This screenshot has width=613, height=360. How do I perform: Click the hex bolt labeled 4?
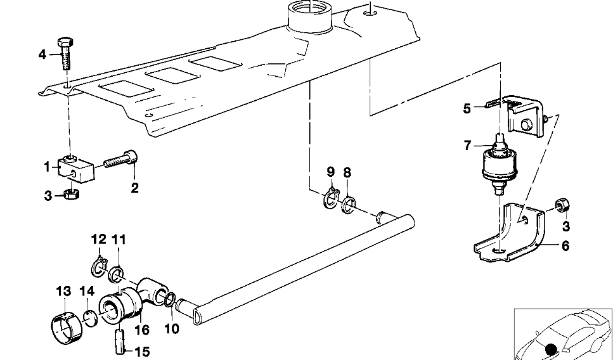66,53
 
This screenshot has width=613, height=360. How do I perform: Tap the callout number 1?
47,167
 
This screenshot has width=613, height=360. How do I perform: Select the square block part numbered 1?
76,169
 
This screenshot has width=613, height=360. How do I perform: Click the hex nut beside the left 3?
72,193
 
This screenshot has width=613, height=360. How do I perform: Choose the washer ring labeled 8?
349,205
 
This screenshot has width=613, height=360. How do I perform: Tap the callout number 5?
467,108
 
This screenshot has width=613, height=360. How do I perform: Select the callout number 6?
565,246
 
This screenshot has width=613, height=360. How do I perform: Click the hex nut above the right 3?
562,205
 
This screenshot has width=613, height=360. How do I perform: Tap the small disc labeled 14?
90,318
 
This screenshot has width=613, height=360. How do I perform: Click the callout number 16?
142,330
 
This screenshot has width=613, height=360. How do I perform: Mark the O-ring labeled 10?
169,300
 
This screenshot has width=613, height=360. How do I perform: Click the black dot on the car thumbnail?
552,350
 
